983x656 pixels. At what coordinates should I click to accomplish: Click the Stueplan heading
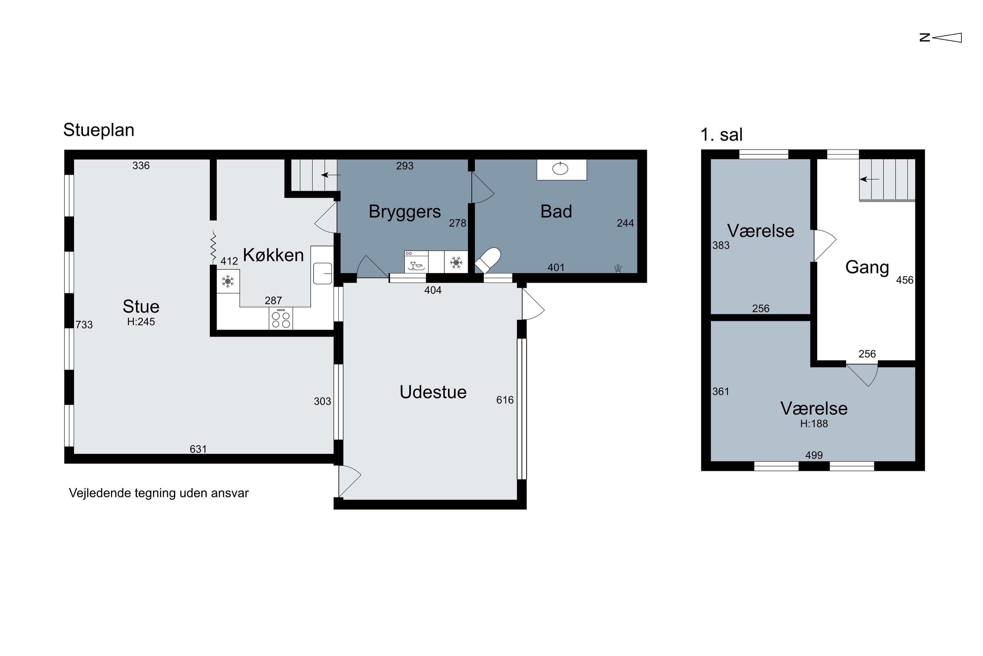[99, 130]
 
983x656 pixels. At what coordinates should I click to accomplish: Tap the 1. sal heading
[722, 135]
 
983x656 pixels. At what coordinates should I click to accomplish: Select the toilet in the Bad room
[488, 260]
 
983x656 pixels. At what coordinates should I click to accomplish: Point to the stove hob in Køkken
[281, 318]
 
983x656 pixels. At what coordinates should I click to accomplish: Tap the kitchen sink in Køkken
[322, 273]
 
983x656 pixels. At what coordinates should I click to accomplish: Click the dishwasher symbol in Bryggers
[416, 262]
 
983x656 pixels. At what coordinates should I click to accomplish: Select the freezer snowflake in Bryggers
[456, 262]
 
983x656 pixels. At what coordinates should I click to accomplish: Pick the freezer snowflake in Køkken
[228, 281]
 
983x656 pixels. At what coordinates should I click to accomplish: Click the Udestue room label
[433, 392]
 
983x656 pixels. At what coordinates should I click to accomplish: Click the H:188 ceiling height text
[814, 424]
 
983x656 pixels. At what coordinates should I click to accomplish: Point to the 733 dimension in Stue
[84, 325]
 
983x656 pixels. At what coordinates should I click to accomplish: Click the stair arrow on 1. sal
[869, 179]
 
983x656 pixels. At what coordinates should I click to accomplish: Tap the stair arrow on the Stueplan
[331, 175]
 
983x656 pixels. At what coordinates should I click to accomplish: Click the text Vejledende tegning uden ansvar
[159, 493]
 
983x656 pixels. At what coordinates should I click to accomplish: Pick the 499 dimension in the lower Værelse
[814, 455]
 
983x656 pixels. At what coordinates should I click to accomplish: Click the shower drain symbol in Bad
[618, 269]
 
